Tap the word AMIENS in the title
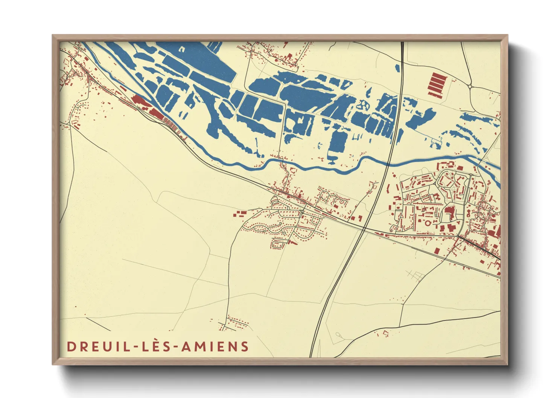215,346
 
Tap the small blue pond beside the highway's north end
397,68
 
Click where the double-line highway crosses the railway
364,228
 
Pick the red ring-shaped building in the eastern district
428,223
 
